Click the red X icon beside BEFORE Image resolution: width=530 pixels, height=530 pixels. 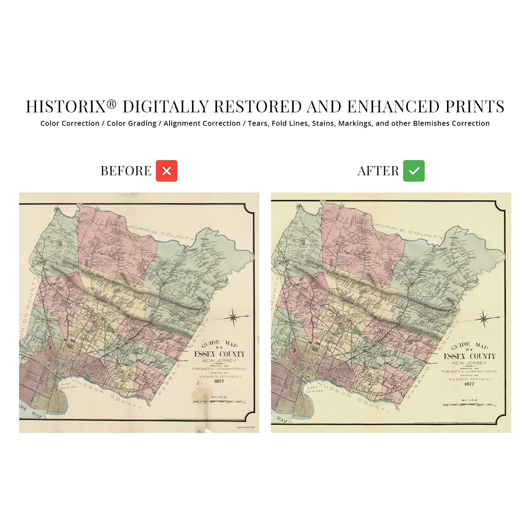point(166,171)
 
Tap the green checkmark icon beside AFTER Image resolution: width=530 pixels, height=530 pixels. point(414,171)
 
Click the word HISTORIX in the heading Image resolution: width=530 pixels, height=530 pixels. point(66,107)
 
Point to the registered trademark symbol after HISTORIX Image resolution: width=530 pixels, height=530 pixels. point(112,104)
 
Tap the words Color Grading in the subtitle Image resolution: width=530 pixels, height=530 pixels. point(131,123)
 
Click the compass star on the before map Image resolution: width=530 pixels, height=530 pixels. point(233,317)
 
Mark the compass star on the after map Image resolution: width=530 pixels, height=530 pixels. point(484,319)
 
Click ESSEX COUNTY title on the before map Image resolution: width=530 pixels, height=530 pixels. point(219,354)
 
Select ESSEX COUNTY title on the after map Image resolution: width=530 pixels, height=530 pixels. point(470,356)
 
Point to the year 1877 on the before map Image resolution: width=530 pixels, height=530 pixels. point(219,381)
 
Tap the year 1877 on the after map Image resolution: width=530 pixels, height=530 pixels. point(469,384)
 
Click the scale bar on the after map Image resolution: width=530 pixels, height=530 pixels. point(469,405)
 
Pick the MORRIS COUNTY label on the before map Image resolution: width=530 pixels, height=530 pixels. point(161,232)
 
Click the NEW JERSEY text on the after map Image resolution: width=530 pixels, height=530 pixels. point(469,363)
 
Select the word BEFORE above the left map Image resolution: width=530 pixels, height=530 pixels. point(126,171)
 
